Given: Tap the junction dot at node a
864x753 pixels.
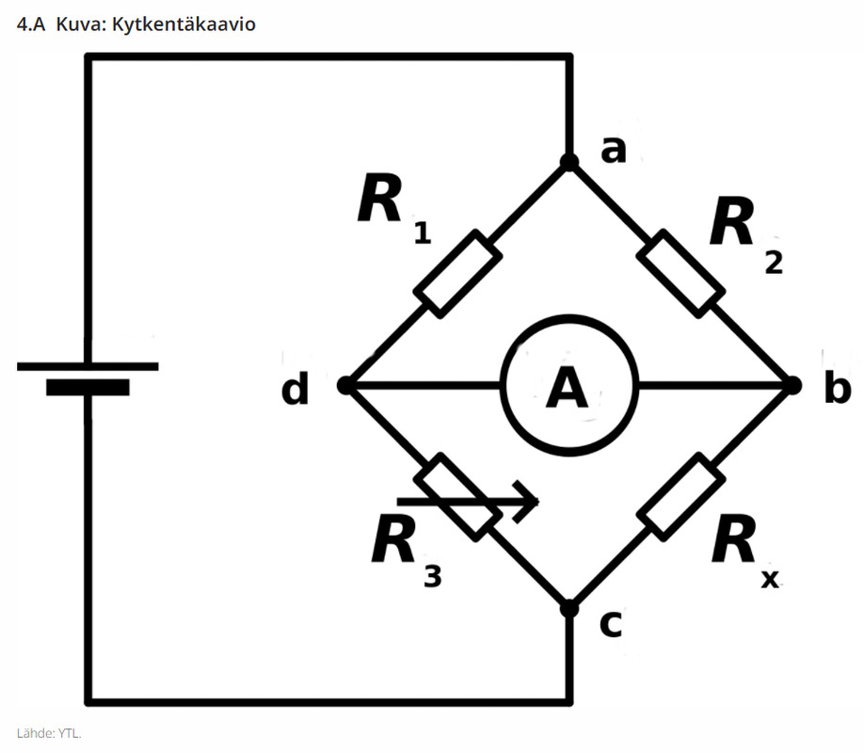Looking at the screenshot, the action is click(x=569, y=162).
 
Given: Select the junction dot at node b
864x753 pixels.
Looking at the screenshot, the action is click(x=792, y=385).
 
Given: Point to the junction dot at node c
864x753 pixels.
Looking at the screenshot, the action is click(x=569, y=609).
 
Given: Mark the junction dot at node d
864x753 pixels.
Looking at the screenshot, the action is click(x=345, y=385).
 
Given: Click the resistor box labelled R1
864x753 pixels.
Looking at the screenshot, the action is click(x=458, y=274).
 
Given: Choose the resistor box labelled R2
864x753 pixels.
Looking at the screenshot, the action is click(x=680, y=274).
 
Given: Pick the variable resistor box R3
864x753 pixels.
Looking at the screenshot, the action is click(x=458, y=497).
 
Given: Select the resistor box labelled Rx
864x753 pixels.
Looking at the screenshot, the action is click(x=680, y=497).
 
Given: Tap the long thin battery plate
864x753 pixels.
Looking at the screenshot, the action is click(x=88, y=366).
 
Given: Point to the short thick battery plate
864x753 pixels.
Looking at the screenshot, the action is click(x=88, y=388).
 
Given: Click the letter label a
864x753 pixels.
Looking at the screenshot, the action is click(x=614, y=150).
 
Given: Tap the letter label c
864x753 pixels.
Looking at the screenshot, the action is click(x=611, y=625).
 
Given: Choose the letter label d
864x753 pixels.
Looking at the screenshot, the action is click(x=295, y=388).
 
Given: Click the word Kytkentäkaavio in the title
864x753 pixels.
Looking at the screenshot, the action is click(x=184, y=24).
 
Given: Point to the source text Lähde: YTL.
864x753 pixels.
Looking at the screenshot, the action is click(x=49, y=733).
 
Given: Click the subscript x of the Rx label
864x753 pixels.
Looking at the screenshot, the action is click(x=770, y=579).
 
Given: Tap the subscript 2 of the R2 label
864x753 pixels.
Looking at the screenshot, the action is click(x=774, y=263).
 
